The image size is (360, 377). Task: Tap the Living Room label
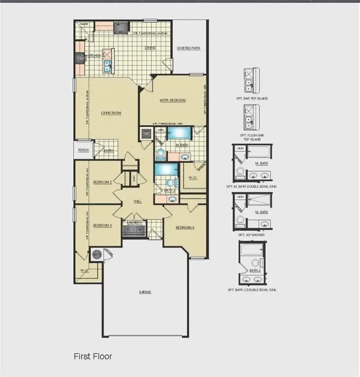(x=111, y=113)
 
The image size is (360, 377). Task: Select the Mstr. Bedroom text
(x=173, y=101)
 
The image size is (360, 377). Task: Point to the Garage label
(x=145, y=292)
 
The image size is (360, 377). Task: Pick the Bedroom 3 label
(x=103, y=226)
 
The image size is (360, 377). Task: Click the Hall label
(x=139, y=201)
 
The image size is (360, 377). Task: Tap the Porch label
(x=83, y=150)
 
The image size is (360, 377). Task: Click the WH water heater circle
(x=96, y=254)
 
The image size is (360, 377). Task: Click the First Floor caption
(x=93, y=356)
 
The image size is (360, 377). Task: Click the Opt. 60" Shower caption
(x=252, y=235)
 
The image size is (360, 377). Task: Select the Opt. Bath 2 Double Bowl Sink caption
(x=252, y=290)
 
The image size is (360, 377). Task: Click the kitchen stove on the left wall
(x=80, y=58)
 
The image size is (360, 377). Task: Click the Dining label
(x=150, y=48)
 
